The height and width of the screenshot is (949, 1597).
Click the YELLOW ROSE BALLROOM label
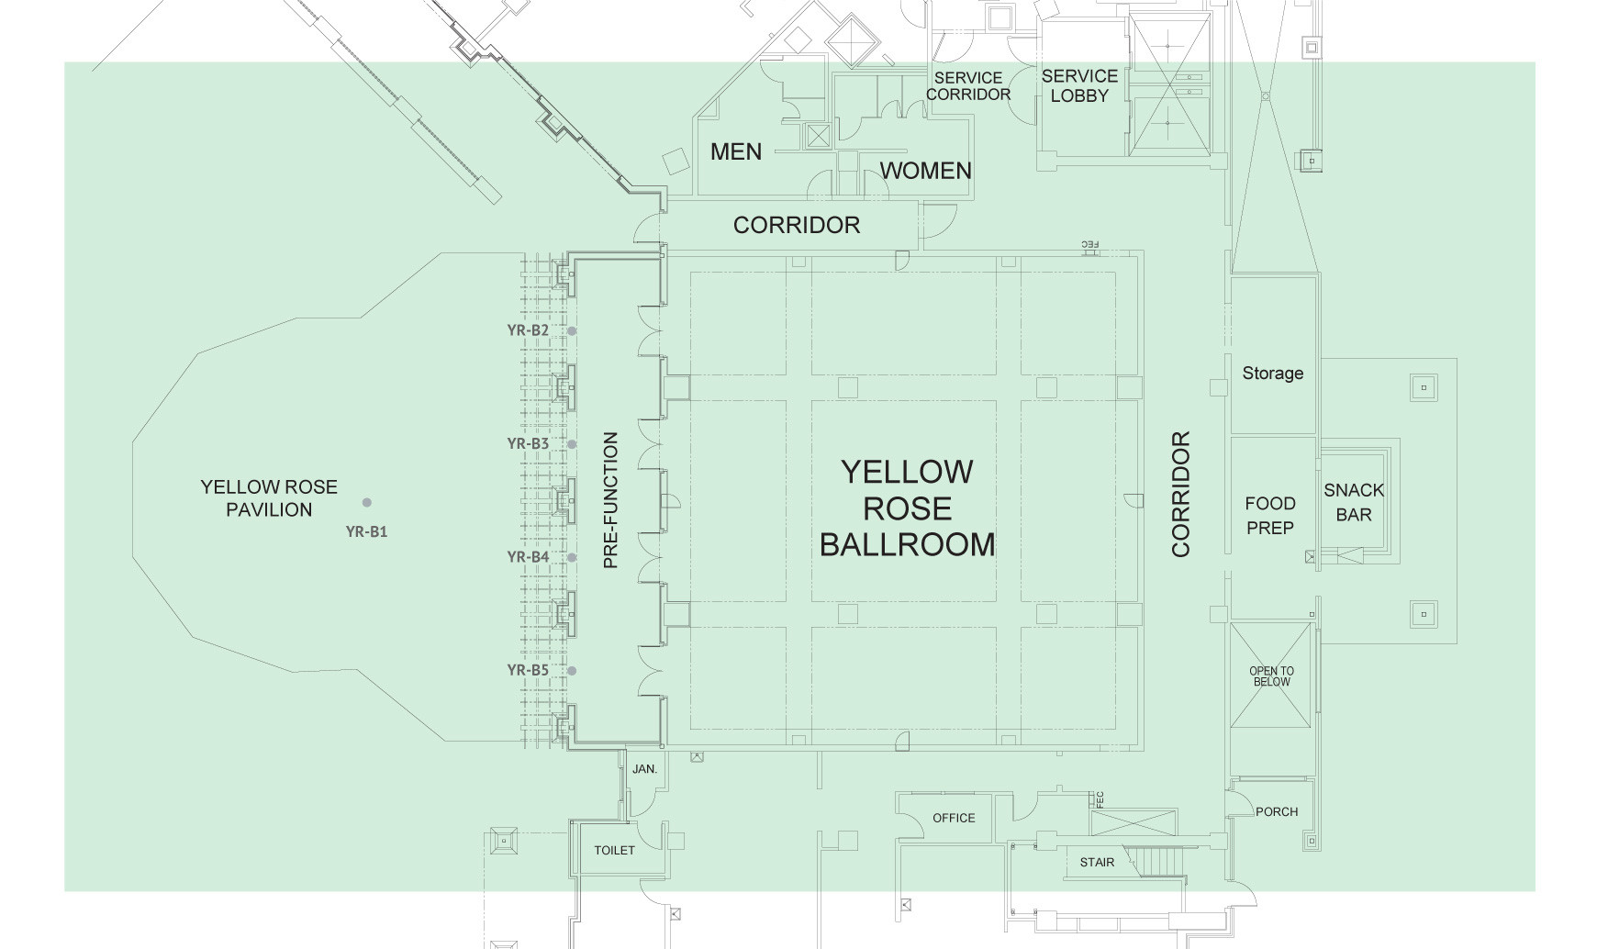907,508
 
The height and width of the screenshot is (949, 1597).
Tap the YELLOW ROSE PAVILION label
269,498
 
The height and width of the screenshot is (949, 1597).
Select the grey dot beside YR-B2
572,331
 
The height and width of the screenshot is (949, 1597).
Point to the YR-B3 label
528,444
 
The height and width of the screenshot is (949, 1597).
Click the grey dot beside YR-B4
572,557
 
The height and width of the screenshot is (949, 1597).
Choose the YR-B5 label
528,670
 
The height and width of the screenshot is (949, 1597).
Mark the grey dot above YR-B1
367,502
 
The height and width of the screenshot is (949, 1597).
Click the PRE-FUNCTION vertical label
611,500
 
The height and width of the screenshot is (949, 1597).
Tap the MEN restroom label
736,151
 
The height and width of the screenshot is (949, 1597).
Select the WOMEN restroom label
925,171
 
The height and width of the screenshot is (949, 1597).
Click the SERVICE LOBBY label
1079,85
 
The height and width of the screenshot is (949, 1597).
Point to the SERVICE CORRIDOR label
968,86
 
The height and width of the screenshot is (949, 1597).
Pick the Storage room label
1273,374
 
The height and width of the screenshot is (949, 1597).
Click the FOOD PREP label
1270,516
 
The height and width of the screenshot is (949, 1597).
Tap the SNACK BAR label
1354,502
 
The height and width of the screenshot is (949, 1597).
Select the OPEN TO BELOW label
1271,676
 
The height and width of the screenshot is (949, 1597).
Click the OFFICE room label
954,818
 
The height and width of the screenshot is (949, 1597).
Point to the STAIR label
1097,863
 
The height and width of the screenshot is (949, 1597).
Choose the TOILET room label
614,851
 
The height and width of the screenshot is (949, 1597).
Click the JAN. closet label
645,769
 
